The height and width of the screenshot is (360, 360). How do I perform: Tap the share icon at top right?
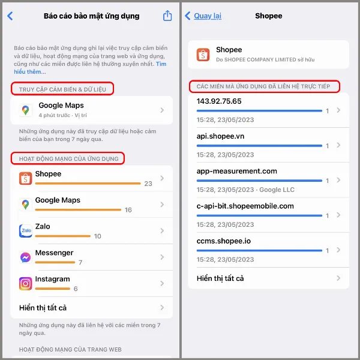[x=167, y=16]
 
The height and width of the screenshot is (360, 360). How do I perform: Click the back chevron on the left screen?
[x=10, y=16]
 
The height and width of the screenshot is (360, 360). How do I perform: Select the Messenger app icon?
[x=25, y=257]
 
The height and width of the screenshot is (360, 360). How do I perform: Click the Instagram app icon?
[x=25, y=284]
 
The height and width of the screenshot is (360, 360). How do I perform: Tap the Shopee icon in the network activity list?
[x=25, y=178]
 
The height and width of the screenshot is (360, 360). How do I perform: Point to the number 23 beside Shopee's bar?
[x=148, y=184]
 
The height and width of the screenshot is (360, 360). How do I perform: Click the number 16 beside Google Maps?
[x=128, y=210]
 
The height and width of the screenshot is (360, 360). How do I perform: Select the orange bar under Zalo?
[x=62, y=236]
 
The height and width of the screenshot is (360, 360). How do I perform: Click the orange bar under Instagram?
[x=53, y=289]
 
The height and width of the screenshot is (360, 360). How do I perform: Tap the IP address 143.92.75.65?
[x=219, y=101]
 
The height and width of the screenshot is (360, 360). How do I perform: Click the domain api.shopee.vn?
[x=220, y=136]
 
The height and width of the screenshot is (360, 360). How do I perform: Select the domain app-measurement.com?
[x=236, y=171]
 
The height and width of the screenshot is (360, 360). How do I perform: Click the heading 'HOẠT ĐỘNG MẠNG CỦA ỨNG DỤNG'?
[x=68, y=158]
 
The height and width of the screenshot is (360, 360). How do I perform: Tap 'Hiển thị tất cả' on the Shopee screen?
[x=220, y=278]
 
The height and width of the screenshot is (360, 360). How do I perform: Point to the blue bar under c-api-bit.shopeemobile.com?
[x=259, y=215]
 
